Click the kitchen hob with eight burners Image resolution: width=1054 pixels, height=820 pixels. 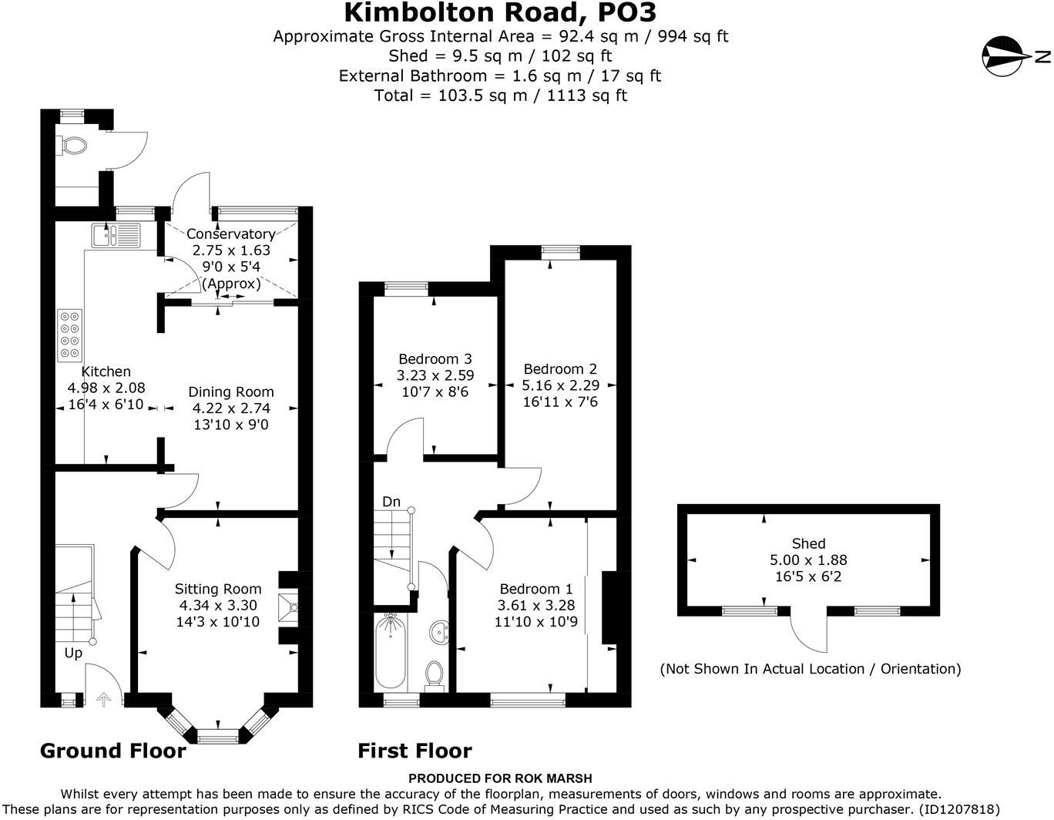pyautogui.click(x=69, y=334)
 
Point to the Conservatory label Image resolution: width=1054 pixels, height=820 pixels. pyautogui.click(x=230, y=234)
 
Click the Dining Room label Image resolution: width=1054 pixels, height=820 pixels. pyautogui.click(x=230, y=392)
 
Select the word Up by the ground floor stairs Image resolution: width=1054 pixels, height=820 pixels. pyautogui.click(x=73, y=654)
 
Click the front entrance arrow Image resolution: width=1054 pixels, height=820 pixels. pyautogui.click(x=102, y=700)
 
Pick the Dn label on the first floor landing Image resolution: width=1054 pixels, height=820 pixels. pyautogui.click(x=391, y=502)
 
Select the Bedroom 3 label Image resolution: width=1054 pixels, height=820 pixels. pyautogui.click(x=435, y=359)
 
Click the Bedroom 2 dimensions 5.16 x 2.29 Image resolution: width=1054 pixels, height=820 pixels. pyautogui.click(x=559, y=385)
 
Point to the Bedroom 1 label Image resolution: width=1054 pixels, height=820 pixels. pyautogui.click(x=535, y=589)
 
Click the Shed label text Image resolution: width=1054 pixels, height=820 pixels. pyautogui.click(x=808, y=543)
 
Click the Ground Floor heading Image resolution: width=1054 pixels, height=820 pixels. pyautogui.click(x=112, y=751)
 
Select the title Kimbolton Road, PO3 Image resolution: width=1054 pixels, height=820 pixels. pyautogui.click(x=500, y=13)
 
